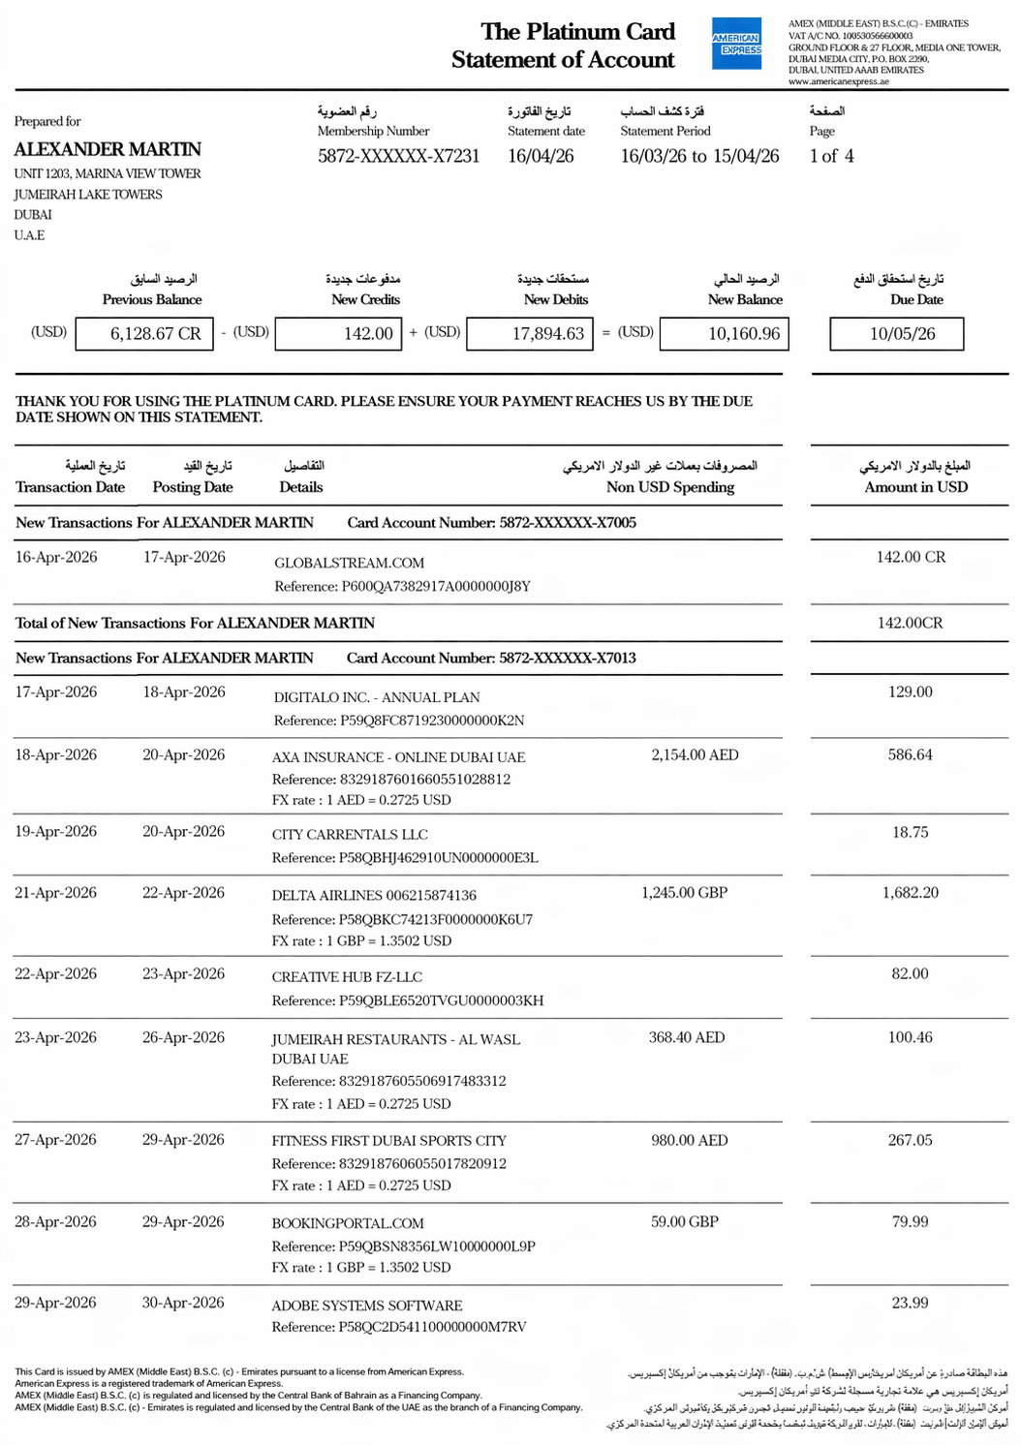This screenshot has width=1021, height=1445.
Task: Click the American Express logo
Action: click(x=736, y=44)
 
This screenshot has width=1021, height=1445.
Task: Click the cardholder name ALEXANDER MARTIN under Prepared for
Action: click(x=108, y=149)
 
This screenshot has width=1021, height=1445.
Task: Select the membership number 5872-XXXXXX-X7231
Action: click(x=398, y=156)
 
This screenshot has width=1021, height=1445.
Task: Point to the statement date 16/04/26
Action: click(x=541, y=156)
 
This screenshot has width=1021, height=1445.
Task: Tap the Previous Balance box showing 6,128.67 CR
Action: click(x=144, y=334)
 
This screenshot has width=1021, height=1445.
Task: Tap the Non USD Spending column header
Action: click(x=669, y=487)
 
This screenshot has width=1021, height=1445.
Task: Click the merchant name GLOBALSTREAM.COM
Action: click(x=349, y=563)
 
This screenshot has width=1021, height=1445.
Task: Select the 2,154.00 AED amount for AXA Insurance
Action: click(x=695, y=754)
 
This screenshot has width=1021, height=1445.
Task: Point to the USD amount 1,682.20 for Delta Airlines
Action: click(x=910, y=893)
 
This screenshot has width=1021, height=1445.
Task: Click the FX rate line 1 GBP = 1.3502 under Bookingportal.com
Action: click(x=361, y=1267)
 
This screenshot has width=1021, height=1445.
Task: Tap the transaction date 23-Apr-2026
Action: click(x=55, y=1037)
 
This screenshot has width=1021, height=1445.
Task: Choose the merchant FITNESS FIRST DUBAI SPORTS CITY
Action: click(x=388, y=1141)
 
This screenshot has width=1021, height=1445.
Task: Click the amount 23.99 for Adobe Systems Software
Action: click(x=910, y=1303)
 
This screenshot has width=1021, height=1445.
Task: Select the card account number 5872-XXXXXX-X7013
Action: click(x=568, y=658)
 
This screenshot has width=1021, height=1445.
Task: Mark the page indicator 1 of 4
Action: click(x=831, y=156)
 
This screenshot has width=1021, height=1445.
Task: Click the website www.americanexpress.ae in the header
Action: click(x=838, y=82)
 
